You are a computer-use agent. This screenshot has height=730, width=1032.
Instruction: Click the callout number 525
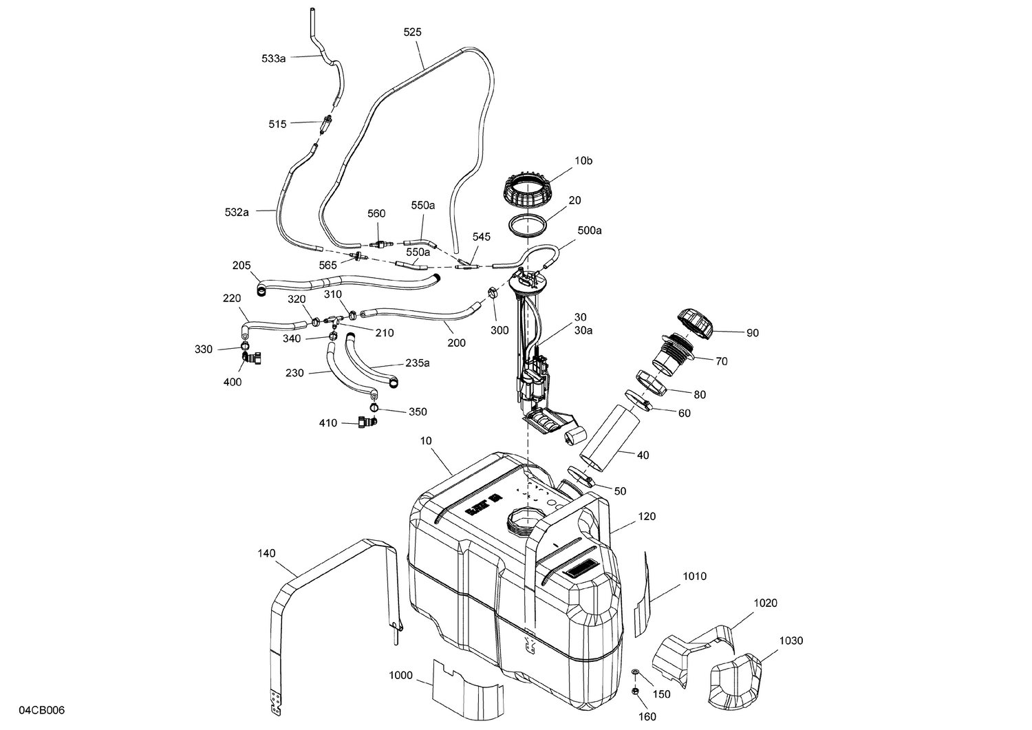[x=413, y=32]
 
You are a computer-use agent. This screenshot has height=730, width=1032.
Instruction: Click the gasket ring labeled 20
[x=528, y=225]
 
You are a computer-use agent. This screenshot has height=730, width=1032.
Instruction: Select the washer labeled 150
[x=634, y=672]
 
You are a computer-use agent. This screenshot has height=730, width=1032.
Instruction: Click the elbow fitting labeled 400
[x=252, y=357]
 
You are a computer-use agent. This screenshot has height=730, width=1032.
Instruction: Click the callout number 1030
[x=791, y=641]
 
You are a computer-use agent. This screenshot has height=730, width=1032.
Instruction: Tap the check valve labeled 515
[x=327, y=125]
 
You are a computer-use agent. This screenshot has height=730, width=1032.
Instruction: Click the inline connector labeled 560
[x=378, y=244]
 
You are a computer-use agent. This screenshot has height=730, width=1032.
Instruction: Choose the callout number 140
[x=266, y=552]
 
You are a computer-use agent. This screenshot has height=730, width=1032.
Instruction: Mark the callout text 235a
[x=417, y=363]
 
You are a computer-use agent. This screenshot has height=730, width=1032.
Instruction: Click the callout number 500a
[x=590, y=230]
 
